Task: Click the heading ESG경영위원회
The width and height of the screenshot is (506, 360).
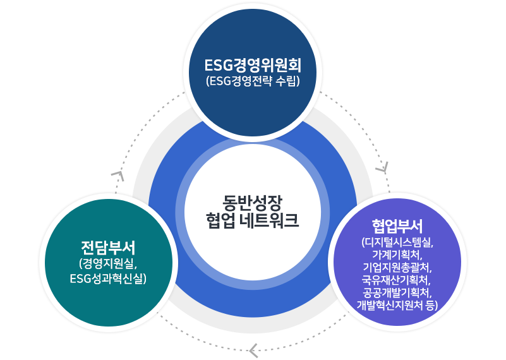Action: [253, 66]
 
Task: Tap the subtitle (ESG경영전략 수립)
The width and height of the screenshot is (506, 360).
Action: [253, 81]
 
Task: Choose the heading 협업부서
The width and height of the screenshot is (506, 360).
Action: [397, 226]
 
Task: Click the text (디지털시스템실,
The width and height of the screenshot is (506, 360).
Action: [397, 242]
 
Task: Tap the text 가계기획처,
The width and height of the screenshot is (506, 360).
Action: [397, 255]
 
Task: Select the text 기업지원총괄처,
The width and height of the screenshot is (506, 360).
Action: [397, 267]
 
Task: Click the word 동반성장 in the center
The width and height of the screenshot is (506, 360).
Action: [252, 202]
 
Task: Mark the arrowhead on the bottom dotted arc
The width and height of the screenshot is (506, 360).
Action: [253, 348]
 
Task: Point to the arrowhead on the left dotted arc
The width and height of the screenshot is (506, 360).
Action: [117, 174]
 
